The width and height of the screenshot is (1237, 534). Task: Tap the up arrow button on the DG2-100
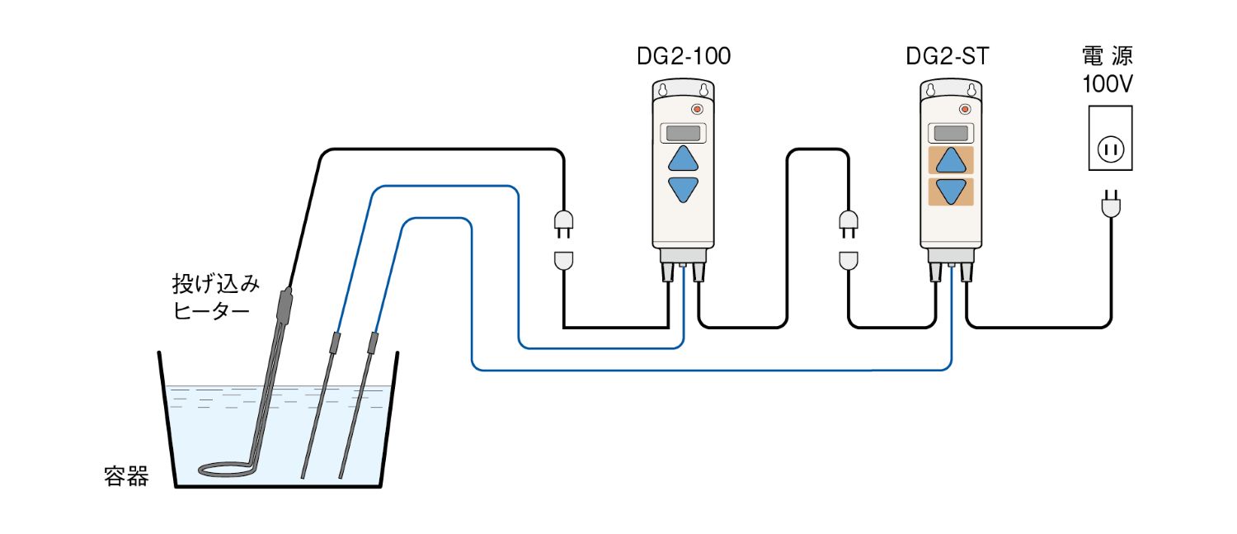coord(683,158)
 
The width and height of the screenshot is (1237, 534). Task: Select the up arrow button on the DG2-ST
coord(951,160)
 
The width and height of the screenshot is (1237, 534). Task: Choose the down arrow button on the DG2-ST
coord(951,191)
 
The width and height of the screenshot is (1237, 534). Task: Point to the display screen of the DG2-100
coord(683,132)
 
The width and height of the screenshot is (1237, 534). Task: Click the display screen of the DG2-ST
coord(951,132)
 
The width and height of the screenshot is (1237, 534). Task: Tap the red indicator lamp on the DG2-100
coord(698,109)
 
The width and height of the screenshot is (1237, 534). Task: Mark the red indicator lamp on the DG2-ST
coord(966,109)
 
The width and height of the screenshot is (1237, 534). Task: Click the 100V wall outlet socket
coord(1109,149)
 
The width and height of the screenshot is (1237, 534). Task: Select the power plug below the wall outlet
coord(1109,204)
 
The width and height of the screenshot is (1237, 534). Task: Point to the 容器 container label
coord(126,476)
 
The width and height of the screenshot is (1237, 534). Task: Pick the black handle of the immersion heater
coord(283,306)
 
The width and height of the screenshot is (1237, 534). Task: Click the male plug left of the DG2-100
coord(563,223)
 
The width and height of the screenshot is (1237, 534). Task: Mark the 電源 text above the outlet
coord(1107,57)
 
